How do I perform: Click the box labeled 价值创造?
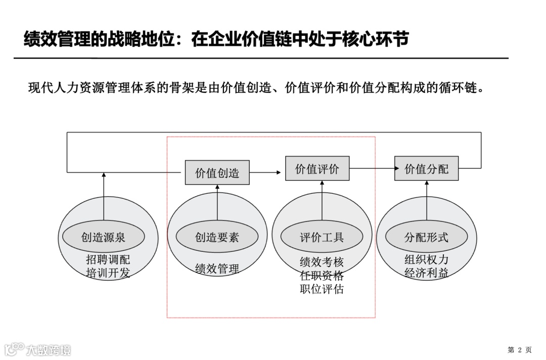pos(217,172)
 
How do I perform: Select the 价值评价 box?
pos(317,168)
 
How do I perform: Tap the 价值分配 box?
pos(426,168)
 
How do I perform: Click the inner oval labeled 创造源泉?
pos(103,237)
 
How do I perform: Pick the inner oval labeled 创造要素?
pos(217,237)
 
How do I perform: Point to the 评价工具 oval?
pos(322,237)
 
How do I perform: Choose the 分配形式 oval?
pos(426,237)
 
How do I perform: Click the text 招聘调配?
pos(108,260)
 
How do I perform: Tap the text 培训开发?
pos(108,274)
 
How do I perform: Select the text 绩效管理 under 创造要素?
pos(217,268)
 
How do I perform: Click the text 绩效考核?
pos(322,262)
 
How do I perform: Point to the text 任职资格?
pos(322,276)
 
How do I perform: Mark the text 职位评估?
pos(322,289)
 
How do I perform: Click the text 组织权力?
pos(426,260)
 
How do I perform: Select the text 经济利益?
pos(426,273)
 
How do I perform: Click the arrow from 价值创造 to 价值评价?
pos(265,172)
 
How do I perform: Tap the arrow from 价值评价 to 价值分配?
pos(372,169)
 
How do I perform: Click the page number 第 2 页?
pos(520,349)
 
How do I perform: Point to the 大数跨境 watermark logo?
pos(37,349)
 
